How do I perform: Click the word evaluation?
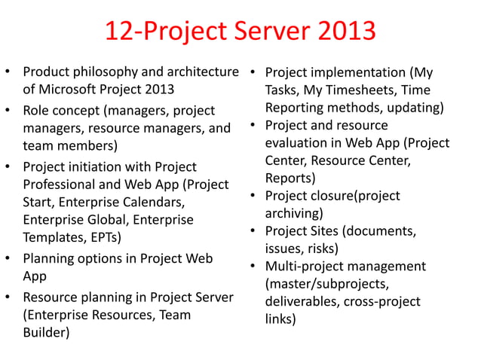point(298,142)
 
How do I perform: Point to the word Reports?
point(290,178)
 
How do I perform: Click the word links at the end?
point(280,319)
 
